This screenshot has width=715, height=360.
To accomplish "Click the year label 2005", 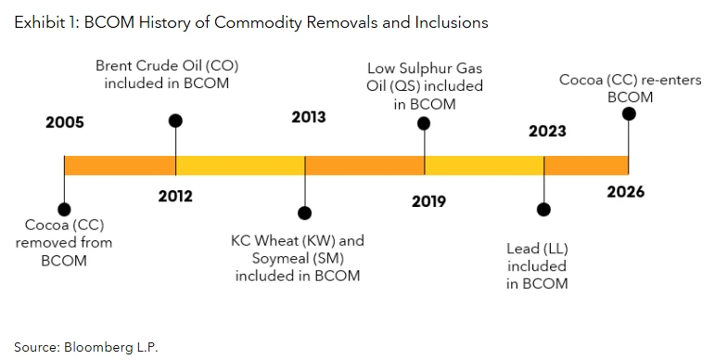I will tap(64, 122).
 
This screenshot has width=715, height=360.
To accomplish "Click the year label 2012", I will tap(175, 195).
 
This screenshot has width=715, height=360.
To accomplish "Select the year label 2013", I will tap(308, 117).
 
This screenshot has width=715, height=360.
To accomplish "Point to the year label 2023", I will tap(547, 131).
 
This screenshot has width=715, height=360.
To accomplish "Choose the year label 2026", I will tap(626, 192).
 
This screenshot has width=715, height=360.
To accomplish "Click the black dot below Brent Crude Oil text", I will tap(175, 121).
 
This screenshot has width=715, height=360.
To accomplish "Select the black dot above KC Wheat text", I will tap(303, 211).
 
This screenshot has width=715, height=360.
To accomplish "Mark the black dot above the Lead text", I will tap(544, 210).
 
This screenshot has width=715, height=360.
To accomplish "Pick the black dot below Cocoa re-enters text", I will tap(629, 114).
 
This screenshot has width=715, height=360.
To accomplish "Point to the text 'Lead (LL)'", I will tap(537, 249).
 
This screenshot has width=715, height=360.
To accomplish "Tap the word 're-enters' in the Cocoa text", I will tap(657, 80).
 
